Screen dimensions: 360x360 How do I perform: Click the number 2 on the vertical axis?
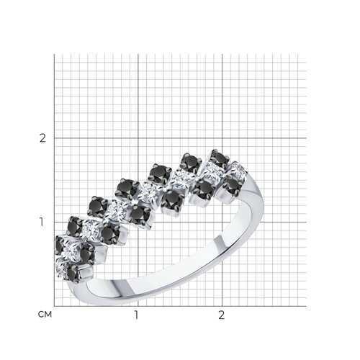coord(42,138)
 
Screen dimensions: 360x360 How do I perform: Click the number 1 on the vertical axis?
coord(42,222)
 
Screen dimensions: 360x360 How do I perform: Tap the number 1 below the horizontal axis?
coord(136,315)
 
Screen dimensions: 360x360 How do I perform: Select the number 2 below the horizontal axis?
coord(222,315)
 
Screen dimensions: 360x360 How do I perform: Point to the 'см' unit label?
coord(45,314)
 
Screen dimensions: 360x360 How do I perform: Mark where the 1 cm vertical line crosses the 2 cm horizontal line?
coord(138,138)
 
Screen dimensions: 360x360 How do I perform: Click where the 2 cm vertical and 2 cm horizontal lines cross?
coord(222,138)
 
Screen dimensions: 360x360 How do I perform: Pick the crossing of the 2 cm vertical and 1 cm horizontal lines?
coord(222,222)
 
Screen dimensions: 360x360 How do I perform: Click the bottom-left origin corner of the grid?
coord(54,306)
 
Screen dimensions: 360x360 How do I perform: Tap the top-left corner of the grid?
coord(54,54)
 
